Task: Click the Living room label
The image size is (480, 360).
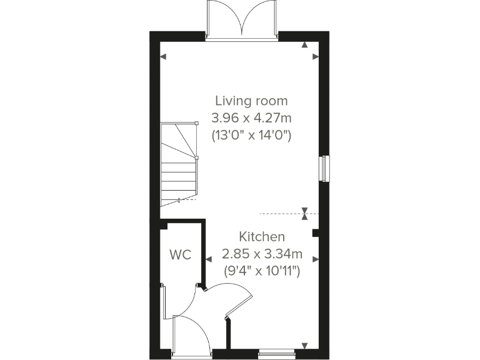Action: (251, 101)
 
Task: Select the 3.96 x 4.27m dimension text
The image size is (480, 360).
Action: (251, 117)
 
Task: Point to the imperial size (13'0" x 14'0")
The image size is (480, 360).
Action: (251, 134)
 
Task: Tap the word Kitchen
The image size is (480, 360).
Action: (262, 237)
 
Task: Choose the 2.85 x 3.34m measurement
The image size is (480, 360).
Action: (262, 254)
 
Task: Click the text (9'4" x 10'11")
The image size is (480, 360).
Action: (262, 271)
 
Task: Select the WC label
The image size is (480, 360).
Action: (181, 255)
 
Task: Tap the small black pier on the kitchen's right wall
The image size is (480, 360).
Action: (316, 234)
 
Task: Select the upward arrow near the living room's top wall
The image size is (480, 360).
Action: (304, 45)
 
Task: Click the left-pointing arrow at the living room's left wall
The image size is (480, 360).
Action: (164, 57)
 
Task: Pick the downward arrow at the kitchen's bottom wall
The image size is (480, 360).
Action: (304, 346)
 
